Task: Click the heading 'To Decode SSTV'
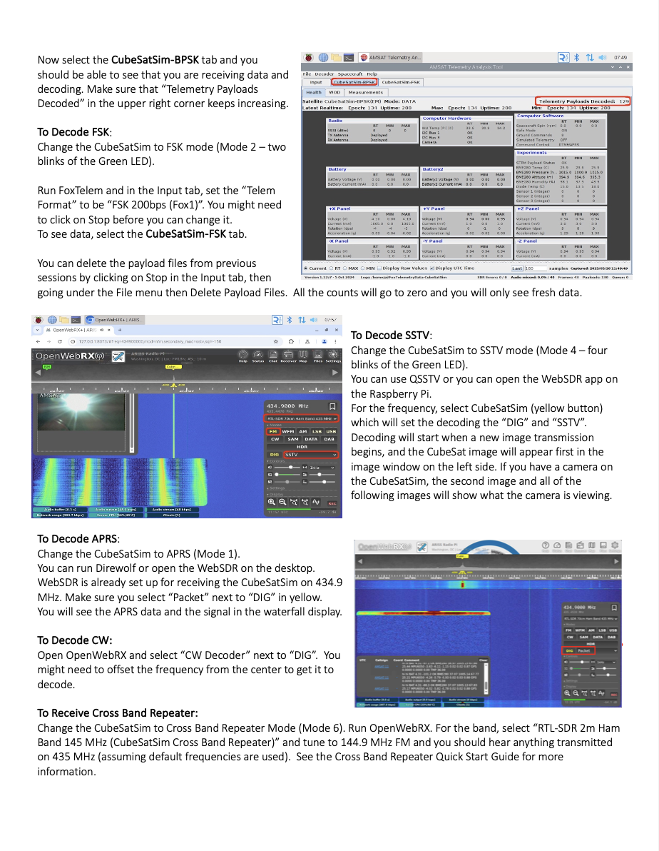pos(391,336)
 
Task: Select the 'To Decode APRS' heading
pos(78,539)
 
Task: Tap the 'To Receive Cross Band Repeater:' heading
pos(118,712)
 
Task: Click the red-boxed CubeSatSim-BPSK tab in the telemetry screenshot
pos(354,82)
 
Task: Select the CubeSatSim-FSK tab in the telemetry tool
pos(401,82)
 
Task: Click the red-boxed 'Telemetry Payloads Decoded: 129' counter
pos(584,101)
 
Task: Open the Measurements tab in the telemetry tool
pos(366,92)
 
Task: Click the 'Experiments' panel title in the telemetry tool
pos(532,152)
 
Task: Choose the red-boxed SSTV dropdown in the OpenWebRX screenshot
pos(310,454)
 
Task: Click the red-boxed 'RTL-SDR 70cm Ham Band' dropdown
pos(301,418)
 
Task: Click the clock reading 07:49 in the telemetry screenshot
pos(620,57)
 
